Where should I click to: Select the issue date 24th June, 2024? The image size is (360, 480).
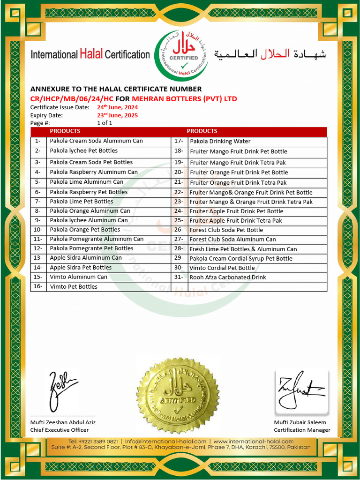pos(117,107)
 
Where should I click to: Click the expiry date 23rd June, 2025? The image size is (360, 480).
pos(117,115)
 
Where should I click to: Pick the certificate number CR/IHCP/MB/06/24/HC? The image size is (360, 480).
pos(72,99)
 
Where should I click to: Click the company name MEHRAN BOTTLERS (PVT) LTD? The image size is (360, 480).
pos(184,99)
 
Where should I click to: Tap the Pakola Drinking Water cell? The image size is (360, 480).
pos(220,142)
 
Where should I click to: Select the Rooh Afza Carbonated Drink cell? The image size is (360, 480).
pos(227,277)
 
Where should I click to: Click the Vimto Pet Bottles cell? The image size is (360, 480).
pos(74,286)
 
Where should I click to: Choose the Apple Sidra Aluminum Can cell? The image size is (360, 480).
pos(86,258)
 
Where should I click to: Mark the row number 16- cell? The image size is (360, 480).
pos(38,286)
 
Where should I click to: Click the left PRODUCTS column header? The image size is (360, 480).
pos(65,131)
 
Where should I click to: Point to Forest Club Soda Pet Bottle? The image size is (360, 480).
pos(226,230)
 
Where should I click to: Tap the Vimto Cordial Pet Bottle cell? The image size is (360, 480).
pos(222,268)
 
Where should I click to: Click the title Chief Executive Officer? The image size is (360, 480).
pos(60,430)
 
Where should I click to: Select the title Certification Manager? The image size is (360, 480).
pos(302,430)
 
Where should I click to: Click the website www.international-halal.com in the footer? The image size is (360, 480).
pos(253,442)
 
